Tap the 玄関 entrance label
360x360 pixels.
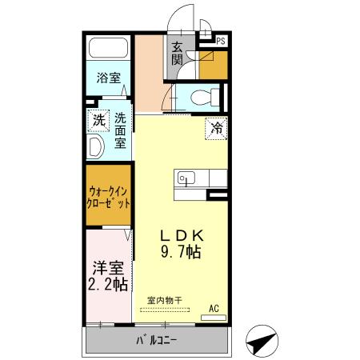(177, 54)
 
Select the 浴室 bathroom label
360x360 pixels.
(108, 78)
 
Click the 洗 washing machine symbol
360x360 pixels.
(98, 121)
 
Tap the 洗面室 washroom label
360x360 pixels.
(119, 130)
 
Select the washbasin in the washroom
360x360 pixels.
(95, 148)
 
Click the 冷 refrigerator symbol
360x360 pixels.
(216, 127)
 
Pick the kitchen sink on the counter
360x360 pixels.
(186, 178)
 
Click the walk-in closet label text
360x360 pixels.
(108, 197)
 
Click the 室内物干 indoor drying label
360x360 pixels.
(164, 302)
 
